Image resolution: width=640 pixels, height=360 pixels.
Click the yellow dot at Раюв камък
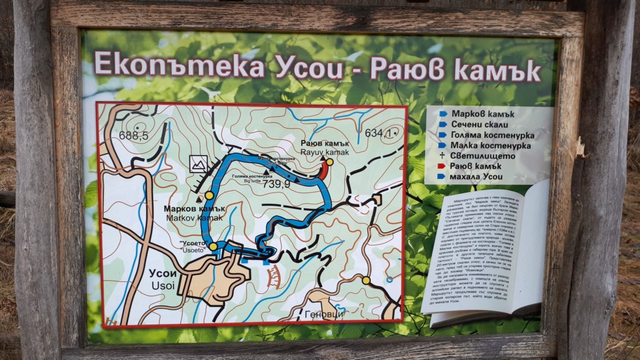329,162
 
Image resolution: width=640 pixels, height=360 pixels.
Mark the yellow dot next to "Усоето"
214,247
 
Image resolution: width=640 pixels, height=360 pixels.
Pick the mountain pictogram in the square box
199,164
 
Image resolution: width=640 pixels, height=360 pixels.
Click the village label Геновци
324,313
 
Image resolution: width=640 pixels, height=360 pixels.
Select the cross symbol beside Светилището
442,156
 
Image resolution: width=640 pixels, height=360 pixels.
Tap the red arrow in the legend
442,166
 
